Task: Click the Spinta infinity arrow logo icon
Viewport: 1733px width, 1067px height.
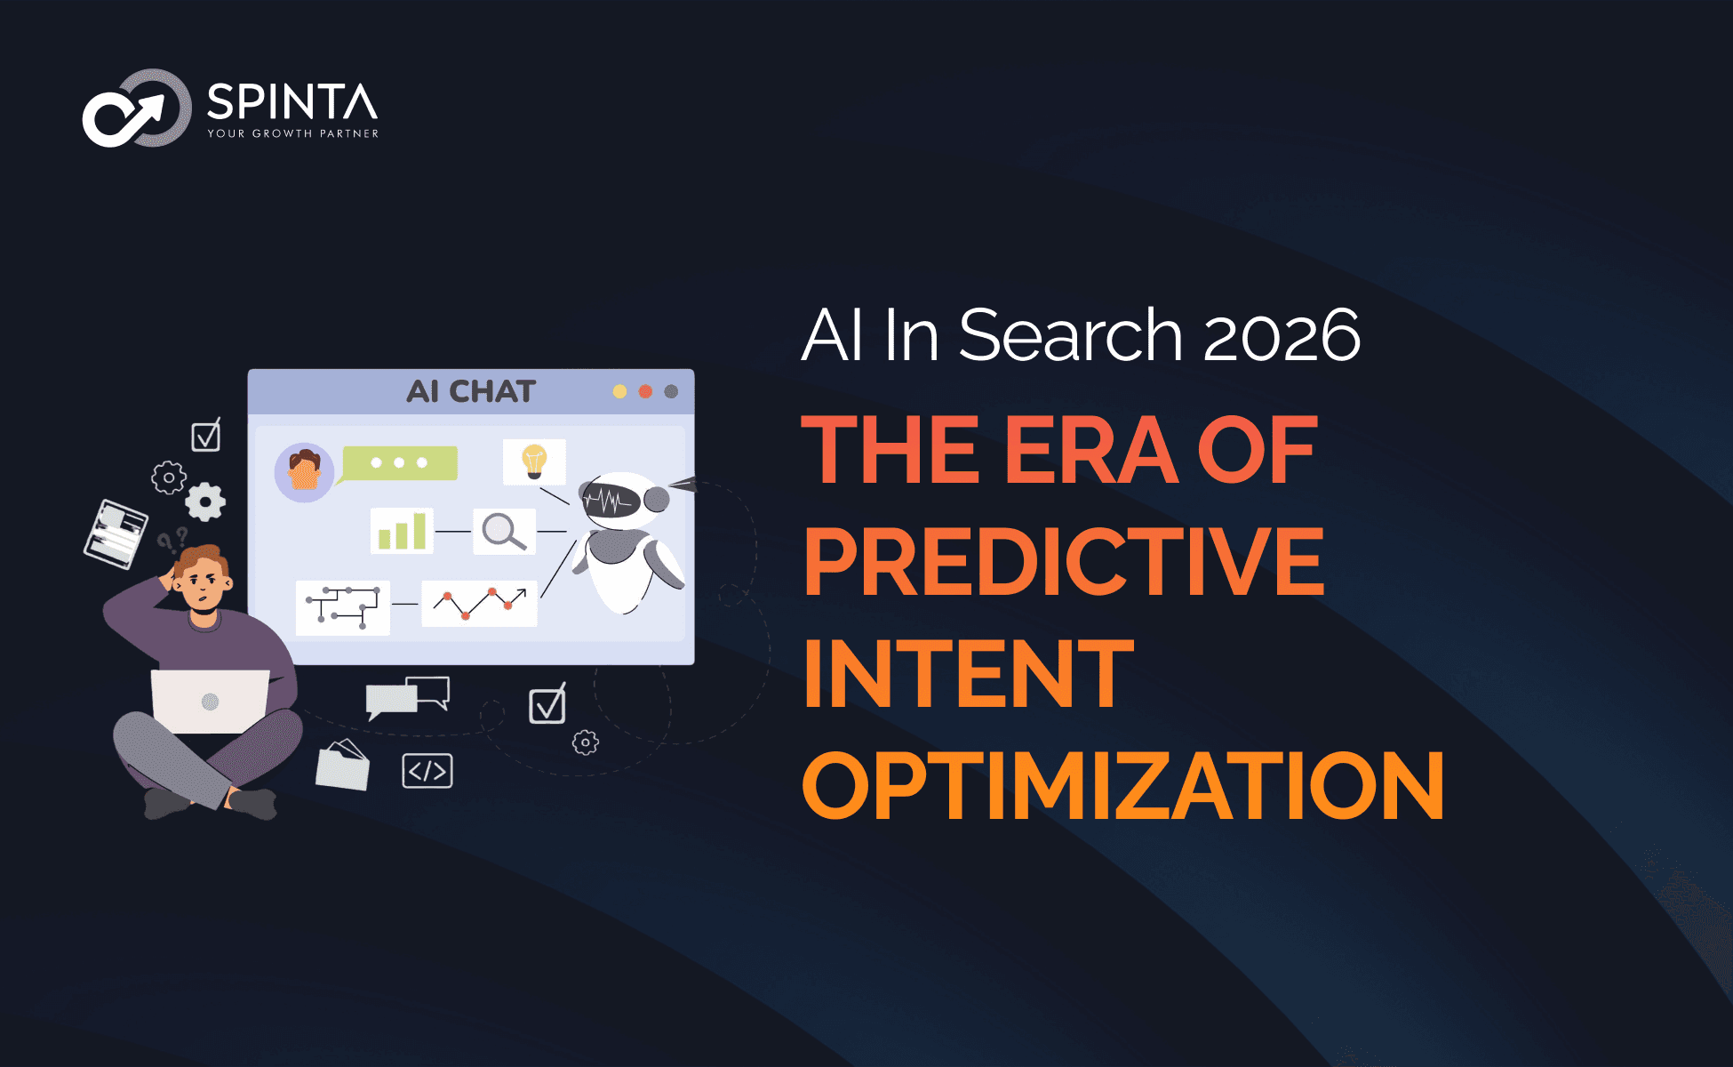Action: pyautogui.click(x=136, y=108)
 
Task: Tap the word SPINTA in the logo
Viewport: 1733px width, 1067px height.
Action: pyautogui.click(x=292, y=102)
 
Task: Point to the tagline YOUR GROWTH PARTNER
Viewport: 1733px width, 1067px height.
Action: pyautogui.click(x=293, y=133)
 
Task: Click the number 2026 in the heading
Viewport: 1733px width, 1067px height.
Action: pyautogui.click(x=1282, y=336)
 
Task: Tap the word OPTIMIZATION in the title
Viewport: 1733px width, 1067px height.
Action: pyautogui.click(x=1123, y=785)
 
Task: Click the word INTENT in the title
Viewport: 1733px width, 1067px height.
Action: pyautogui.click(x=969, y=673)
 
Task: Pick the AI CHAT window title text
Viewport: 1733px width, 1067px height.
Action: pyautogui.click(x=471, y=391)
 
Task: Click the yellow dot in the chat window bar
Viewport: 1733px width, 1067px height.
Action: pyautogui.click(x=619, y=391)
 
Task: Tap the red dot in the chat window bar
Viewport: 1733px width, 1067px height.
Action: pyautogui.click(x=645, y=391)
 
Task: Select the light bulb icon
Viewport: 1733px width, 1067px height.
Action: pyautogui.click(x=534, y=461)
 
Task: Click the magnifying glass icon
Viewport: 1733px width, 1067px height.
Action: pyautogui.click(x=504, y=531)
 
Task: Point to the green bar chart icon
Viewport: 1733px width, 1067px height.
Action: pyautogui.click(x=402, y=531)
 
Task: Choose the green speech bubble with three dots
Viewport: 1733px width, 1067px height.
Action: pyautogui.click(x=398, y=463)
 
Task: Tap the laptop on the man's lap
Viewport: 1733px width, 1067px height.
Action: pyautogui.click(x=210, y=701)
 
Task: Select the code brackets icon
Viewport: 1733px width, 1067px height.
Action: pyautogui.click(x=427, y=771)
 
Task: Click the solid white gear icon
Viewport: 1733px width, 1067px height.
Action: pyautogui.click(x=205, y=501)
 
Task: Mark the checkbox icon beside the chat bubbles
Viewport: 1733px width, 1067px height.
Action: pyautogui.click(x=547, y=704)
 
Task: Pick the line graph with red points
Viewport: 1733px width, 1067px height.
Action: pyautogui.click(x=479, y=604)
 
